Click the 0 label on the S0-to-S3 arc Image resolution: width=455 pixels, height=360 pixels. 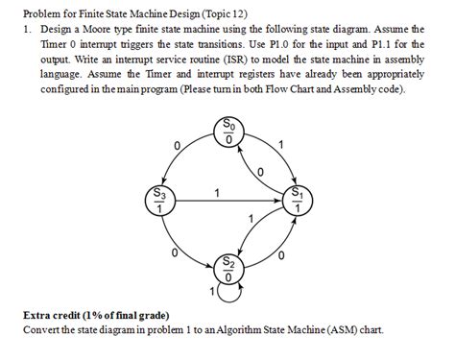177,145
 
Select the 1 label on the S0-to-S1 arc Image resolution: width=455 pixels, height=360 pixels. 280,145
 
